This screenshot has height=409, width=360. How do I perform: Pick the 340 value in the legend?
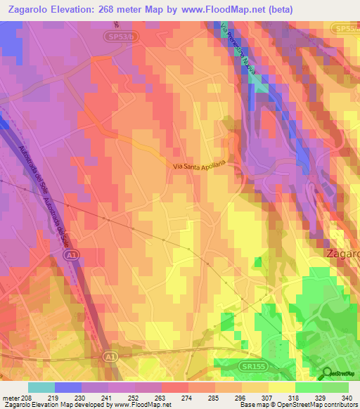tap(346, 398)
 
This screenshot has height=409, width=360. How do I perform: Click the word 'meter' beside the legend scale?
tap(11, 398)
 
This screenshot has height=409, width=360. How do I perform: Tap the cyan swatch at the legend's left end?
tap(41, 387)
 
